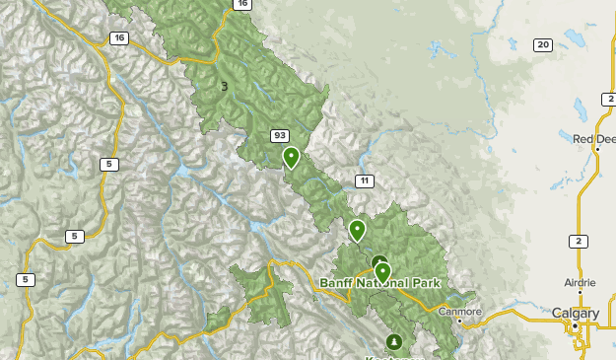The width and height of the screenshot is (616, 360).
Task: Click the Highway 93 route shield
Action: (281, 135)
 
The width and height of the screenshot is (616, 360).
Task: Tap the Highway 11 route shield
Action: (365, 180)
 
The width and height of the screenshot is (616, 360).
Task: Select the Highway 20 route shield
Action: (543, 44)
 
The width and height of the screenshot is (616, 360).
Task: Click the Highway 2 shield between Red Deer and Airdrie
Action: (579, 241)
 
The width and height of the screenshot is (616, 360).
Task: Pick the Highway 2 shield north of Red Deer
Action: (608, 100)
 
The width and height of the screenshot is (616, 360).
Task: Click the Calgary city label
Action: (575, 313)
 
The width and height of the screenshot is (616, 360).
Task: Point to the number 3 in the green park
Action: (225, 87)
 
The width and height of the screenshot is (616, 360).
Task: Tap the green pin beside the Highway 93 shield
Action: (291, 157)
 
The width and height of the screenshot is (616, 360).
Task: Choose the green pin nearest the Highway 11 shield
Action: (357, 231)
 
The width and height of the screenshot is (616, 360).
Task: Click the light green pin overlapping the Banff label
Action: (382, 271)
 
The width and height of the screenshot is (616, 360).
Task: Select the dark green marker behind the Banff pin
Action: (377, 261)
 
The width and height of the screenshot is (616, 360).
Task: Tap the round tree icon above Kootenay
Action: (394, 342)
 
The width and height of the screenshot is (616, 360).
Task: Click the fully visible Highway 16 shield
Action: (119, 37)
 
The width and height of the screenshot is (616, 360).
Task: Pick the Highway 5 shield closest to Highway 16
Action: (107, 164)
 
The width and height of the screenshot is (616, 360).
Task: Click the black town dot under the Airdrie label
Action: (580, 292)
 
